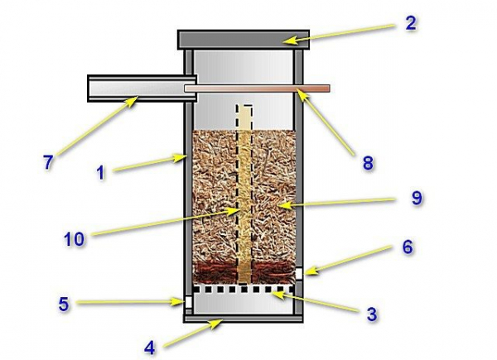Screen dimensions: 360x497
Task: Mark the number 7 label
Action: (49, 162)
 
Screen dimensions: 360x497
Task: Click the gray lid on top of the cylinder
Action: (243, 39)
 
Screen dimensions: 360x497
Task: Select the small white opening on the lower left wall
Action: (189, 304)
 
